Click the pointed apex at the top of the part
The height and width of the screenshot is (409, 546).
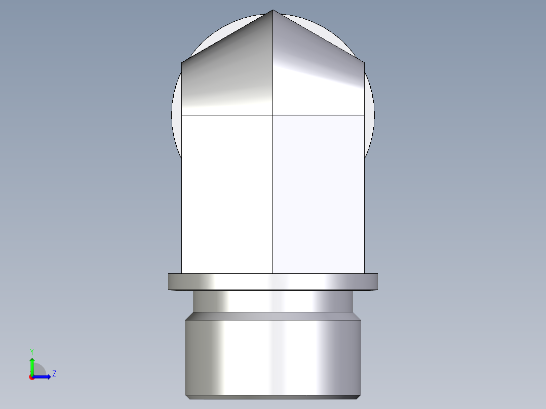(x=273, y=11)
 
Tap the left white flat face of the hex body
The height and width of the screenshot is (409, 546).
(x=227, y=192)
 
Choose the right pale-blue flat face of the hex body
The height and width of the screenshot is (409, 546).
(x=318, y=192)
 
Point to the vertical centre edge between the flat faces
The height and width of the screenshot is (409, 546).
(x=273, y=192)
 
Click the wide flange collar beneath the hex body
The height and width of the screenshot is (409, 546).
(x=273, y=281)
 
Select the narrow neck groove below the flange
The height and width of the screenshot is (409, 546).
(x=273, y=302)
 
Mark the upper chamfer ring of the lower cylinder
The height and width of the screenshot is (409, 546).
(x=273, y=316)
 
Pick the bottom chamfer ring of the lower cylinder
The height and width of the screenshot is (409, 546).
(x=273, y=397)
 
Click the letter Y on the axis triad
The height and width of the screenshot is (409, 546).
(x=31, y=352)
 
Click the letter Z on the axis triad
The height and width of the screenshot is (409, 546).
(x=54, y=374)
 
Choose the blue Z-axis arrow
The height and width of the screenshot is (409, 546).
(x=43, y=377)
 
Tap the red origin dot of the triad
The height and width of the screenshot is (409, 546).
(x=32, y=377)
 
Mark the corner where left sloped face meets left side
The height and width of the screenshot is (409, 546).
(x=182, y=63)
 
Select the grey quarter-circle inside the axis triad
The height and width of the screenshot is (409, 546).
(x=38, y=371)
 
